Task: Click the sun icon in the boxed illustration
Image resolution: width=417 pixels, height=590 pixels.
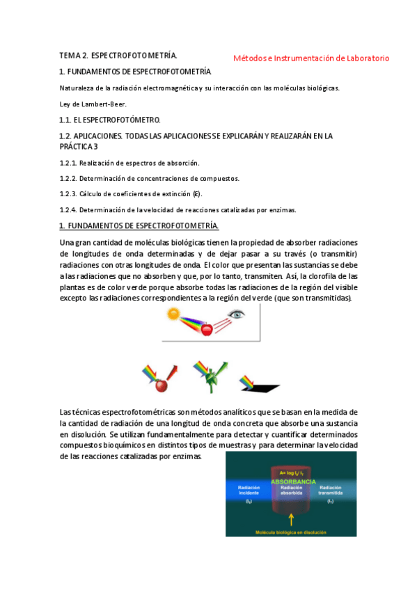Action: (x=173, y=314)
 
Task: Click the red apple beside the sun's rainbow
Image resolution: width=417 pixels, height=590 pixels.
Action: (x=206, y=330)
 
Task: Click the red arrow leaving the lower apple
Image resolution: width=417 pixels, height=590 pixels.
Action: (x=173, y=371)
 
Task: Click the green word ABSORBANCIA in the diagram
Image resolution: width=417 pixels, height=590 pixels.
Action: (x=293, y=481)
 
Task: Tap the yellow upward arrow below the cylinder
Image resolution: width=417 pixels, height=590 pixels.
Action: (x=290, y=518)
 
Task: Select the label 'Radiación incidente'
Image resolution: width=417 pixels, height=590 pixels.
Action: (x=249, y=491)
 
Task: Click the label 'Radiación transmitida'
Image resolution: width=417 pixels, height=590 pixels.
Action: (x=331, y=491)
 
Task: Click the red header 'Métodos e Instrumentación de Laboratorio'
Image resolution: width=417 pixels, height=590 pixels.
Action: (x=311, y=58)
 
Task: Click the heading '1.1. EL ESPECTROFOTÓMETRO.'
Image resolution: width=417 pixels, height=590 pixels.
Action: (x=110, y=120)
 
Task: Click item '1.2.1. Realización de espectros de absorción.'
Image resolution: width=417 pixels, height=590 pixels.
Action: (x=129, y=163)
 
